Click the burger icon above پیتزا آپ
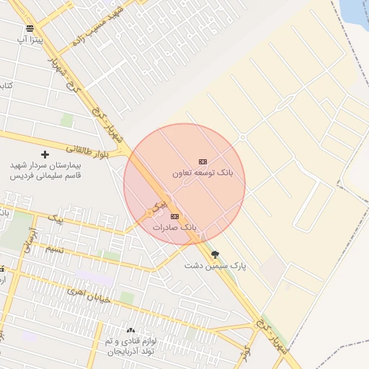coord(30,29)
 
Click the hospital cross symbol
coord(45,154)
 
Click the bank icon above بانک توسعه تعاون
coord(203,162)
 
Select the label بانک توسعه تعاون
coord(203,174)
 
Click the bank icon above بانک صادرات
coord(174,216)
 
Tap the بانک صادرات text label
coord(174,227)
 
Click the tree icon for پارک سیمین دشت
coord(215,254)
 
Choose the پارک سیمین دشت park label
coord(215,266)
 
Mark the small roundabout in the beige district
coord(243,137)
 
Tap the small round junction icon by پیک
coord(150,213)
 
